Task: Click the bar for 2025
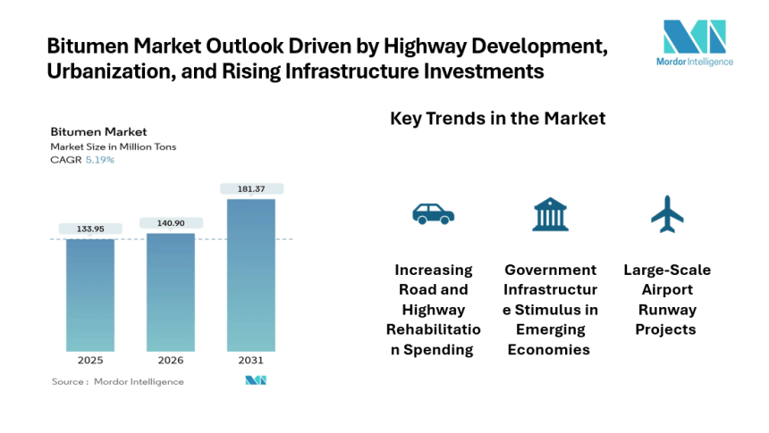(x=89, y=295)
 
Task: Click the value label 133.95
(x=89, y=229)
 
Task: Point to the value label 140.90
(x=171, y=223)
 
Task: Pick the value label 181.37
(x=251, y=188)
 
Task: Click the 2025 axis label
(x=89, y=361)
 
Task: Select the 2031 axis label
(x=251, y=361)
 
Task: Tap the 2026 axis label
(x=171, y=361)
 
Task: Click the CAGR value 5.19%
(x=100, y=160)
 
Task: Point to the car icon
(x=433, y=213)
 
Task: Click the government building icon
(x=550, y=214)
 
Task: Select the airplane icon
(x=667, y=213)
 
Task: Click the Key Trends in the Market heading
(x=497, y=119)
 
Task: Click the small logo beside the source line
(x=256, y=380)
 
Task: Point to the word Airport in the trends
(x=667, y=289)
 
